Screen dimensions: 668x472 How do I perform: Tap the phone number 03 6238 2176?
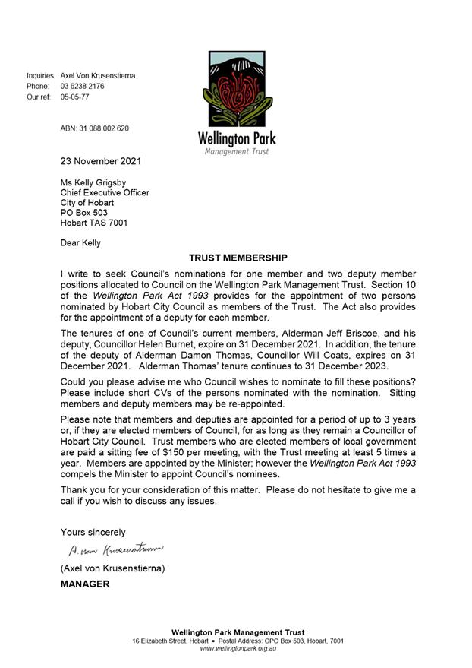[83, 87]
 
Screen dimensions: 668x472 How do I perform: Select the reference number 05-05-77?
[75, 97]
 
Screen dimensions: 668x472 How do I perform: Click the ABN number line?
[95, 128]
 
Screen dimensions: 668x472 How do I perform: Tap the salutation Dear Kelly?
[80, 243]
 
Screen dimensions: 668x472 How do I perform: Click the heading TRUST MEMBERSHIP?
[238, 258]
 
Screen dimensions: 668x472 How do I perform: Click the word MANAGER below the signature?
[85, 584]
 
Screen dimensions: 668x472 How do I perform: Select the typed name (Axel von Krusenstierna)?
[113, 568]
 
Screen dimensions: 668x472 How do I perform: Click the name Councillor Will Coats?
[314, 354]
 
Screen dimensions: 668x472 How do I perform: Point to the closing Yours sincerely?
[93, 532]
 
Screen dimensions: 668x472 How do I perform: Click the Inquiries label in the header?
[41, 76]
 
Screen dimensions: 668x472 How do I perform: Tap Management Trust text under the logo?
[236, 151]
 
